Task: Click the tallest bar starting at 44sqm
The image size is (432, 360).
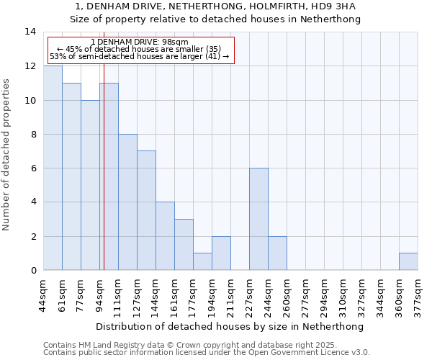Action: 53,168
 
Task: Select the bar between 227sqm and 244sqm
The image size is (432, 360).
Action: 258,219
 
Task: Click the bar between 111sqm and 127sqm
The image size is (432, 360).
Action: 127,202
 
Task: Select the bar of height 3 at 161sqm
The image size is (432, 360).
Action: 184,245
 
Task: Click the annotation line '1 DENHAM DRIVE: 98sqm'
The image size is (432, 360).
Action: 140,42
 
